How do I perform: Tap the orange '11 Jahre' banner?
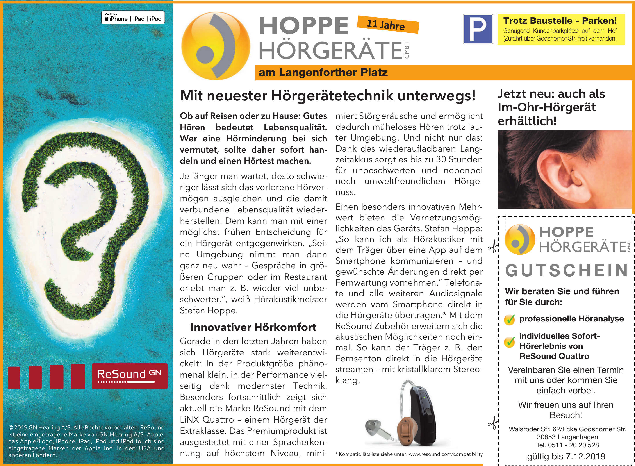tap(388, 25)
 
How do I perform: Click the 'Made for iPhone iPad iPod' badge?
tap(133, 18)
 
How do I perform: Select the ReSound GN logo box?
tap(129, 376)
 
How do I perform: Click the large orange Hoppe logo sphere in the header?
tap(216, 46)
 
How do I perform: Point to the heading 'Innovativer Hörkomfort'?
tap(253, 327)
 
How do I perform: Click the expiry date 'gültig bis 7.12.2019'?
tap(566, 456)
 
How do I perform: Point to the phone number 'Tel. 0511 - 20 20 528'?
tap(567, 445)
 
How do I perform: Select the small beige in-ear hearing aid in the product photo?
tap(405, 432)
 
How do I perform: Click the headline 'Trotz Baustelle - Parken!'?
tap(560, 21)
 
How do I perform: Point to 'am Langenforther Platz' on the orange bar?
tap(323, 73)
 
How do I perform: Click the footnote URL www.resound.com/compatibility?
tap(446, 454)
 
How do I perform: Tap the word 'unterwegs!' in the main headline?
tap(437, 95)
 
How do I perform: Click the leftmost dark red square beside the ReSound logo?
tap(14, 378)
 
